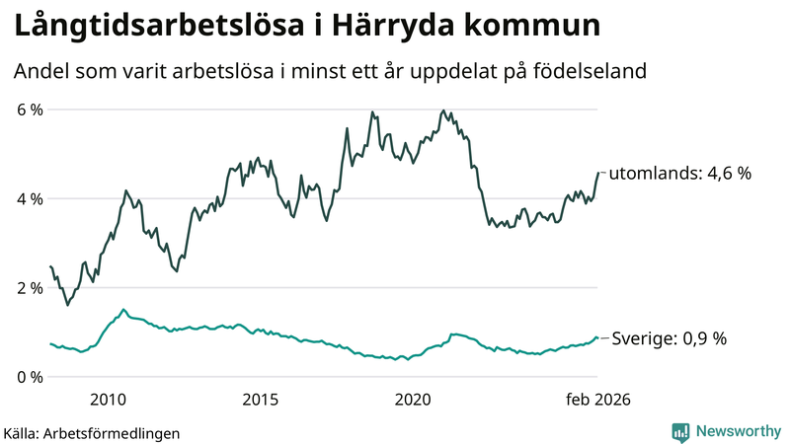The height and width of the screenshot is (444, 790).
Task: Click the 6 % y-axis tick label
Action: [29, 110]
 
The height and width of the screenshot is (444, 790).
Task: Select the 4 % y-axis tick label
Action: [29, 198]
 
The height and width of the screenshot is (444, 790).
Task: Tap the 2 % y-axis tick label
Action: [29, 288]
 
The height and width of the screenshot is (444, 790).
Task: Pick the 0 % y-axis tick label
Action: [29, 377]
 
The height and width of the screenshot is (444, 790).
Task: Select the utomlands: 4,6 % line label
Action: [679, 173]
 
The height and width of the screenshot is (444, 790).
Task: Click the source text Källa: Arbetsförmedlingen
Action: [92, 432]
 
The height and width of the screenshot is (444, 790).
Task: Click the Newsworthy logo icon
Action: [680, 431]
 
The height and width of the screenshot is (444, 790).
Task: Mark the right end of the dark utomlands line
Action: [597, 173]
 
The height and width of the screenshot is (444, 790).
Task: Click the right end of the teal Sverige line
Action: [597, 338]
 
